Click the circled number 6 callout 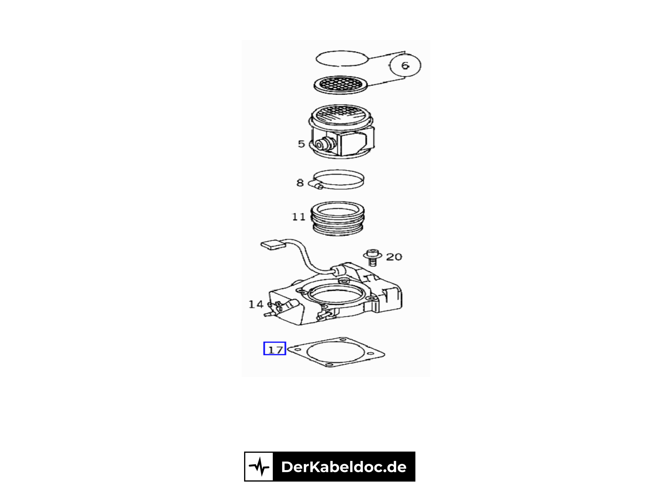click(x=405, y=66)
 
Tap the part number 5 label click(x=301, y=144)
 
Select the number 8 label click(x=300, y=183)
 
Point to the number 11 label click(x=299, y=217)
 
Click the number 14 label click(x=256, y=304)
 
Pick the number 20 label click(x=394, y=257)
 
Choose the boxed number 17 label click(x=274, y=349)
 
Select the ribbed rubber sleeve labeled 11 click(x=338, y=218)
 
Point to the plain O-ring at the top click(x=342, y=58)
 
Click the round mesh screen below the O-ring click(x=341, y=84)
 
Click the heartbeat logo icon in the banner click(x=259, y=467)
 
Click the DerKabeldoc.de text click(x=344, y=467)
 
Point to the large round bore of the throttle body click(x=336, y=298)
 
